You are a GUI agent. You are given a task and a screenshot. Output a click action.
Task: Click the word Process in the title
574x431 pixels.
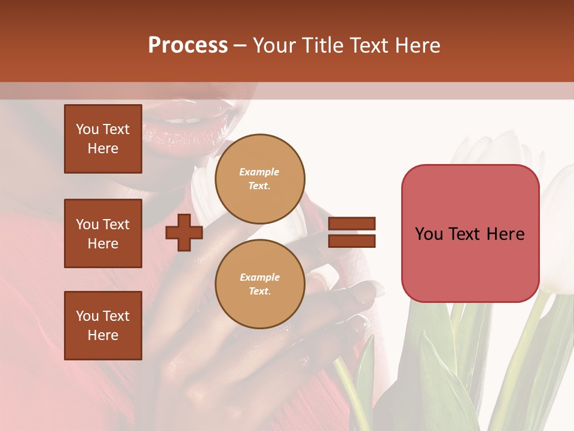(x=188, y=45)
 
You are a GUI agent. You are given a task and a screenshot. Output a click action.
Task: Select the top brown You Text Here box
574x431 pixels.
(x=103, y=139)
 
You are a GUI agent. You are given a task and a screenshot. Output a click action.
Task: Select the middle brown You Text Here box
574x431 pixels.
(x=103, y=233)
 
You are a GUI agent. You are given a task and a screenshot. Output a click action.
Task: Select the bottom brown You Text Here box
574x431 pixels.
(x=103, y=326)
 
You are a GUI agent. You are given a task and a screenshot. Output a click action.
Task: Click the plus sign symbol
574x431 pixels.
(x=184, y=232)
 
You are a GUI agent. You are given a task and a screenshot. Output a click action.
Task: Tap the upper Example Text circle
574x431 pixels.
(x=259, y=179)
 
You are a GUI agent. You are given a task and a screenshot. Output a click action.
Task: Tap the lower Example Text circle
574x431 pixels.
(x=259, y=284)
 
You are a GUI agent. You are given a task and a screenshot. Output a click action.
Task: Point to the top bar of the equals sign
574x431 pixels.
(x=352, y=223)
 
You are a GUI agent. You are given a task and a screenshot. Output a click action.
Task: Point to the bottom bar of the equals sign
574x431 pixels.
(x=352, y=241)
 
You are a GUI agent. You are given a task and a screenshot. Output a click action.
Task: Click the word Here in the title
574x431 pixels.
(x=418, y=45)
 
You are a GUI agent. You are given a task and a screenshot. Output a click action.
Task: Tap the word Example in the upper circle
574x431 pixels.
(x=259, y=172)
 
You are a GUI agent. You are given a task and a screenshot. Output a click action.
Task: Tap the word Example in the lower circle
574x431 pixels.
(x=259, y=277)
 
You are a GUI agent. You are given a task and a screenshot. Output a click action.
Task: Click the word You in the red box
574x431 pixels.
(x=429, y=234)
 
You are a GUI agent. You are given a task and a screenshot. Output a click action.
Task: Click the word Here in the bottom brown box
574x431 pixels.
(x=103, y=335)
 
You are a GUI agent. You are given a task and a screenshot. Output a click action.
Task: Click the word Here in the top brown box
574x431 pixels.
(x=103, y=148)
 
